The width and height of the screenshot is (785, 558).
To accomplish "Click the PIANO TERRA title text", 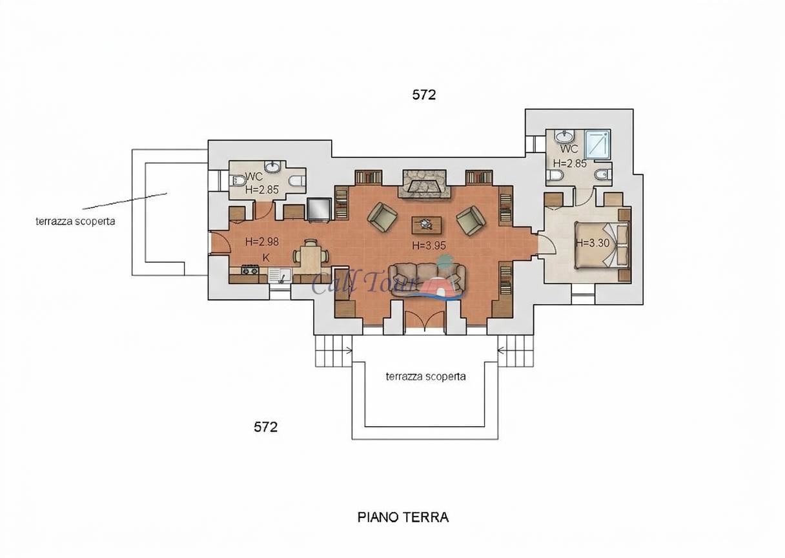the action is point(403,517).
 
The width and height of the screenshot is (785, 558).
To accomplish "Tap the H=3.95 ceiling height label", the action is point(429,245).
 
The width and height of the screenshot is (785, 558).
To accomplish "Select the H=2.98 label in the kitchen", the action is point(262,242).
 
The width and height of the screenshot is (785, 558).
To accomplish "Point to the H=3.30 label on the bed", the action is point(593,243).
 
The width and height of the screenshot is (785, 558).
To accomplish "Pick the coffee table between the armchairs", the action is point(427,225).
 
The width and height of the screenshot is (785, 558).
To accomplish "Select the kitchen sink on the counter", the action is point(280,276).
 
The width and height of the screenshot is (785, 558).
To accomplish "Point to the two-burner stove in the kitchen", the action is point(250,270).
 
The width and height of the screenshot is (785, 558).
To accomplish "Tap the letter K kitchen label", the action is point(266,258).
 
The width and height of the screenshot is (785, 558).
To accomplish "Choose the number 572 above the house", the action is point(424,95).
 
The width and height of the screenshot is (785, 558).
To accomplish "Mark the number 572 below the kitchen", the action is point(265,427).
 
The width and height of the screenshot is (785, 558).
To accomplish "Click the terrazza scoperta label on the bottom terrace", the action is point(426,377).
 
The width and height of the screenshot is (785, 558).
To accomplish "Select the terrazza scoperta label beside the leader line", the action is point(76,222).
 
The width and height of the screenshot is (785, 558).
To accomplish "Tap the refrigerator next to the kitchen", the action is point(319,210).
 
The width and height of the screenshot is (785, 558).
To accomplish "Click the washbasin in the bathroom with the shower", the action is point(565,135).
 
